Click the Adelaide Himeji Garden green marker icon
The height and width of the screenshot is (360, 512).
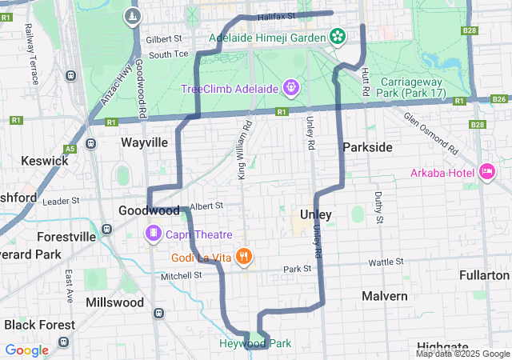[338, 37]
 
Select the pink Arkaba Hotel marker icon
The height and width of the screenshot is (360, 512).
[486, 171]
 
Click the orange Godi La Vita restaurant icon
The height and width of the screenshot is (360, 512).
[245, 257]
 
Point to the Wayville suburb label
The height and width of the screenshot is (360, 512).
[144, 142]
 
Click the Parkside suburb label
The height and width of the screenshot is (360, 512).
[367, 147]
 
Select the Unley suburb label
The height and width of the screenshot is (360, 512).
[315, 214]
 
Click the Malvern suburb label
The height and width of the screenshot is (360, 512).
[384, 295]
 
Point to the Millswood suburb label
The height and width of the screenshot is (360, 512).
[114, 302]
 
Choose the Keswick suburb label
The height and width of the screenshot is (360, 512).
[44, 160]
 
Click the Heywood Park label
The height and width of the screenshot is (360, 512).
[255, 343]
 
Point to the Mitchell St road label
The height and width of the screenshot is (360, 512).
[182, 275]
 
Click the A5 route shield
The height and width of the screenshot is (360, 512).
[70, 148]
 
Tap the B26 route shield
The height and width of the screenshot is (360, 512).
[499, 98]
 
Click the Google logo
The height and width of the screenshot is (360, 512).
[27, 350]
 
